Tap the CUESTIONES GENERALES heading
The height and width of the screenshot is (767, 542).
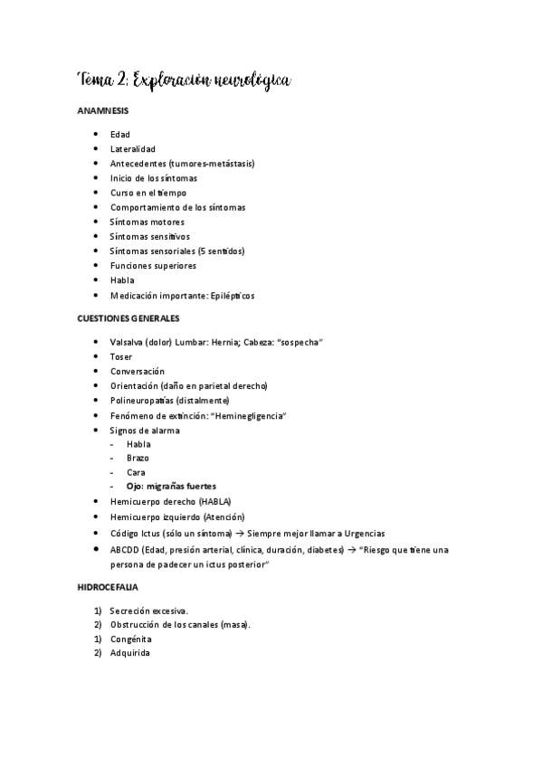click(x=128, y=319)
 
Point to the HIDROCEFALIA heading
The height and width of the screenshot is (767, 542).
click(x=107, y=588)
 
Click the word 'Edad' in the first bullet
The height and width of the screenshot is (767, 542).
click(x=119, y=135)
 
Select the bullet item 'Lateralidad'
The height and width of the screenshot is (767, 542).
click(x=133, y=149)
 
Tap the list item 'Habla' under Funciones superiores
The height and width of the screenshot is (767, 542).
click(x=121, y=280)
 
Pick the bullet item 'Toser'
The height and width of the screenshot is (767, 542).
click(x=121, y=356)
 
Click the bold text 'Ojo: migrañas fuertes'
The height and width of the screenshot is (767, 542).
click(x=171, y=487)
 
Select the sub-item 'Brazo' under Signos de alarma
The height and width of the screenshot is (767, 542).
click(x=138, y=458)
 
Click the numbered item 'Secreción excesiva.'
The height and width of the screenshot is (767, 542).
click(x=148, y=611)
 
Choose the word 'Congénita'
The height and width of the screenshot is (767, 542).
click(x=132, y=639)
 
